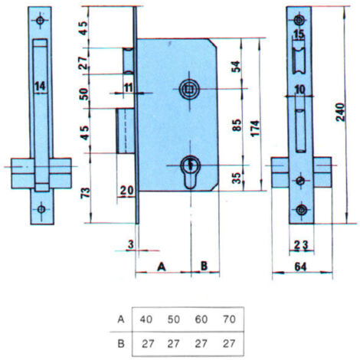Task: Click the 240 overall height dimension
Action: [340, 112]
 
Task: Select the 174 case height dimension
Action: [255, 128]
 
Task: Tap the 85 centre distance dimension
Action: [237, 125]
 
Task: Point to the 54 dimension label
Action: [236, 67]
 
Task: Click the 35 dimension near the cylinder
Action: [237, 178]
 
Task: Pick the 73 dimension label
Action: [86, 192]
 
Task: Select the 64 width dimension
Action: [300, 267]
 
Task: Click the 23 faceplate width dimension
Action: [301, 245]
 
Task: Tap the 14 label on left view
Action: [40, 86]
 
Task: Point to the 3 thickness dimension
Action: [131, 244]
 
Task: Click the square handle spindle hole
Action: [189, 89]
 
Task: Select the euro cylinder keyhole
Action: [190, 172]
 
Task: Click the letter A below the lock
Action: [162, 267]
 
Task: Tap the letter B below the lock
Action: [204, 266]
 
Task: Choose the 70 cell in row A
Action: [229, 319]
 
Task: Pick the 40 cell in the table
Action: [146, 319]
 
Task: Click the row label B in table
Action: [121, 344]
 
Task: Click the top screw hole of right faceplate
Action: [299, 20]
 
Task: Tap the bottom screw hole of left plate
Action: [41, 209]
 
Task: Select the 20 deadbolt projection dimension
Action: [126, 191]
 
